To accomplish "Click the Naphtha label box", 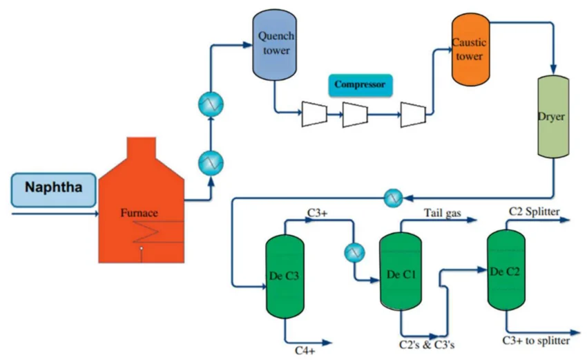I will coord(52,189).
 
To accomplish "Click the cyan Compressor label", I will coord(359,86).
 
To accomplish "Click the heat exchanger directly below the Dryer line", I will coord(393,198).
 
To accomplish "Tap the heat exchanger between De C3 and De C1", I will coord(354,252).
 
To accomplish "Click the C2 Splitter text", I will coord(535,211).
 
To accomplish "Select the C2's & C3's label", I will coord(427,344).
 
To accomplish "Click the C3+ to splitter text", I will coord(536,341).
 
